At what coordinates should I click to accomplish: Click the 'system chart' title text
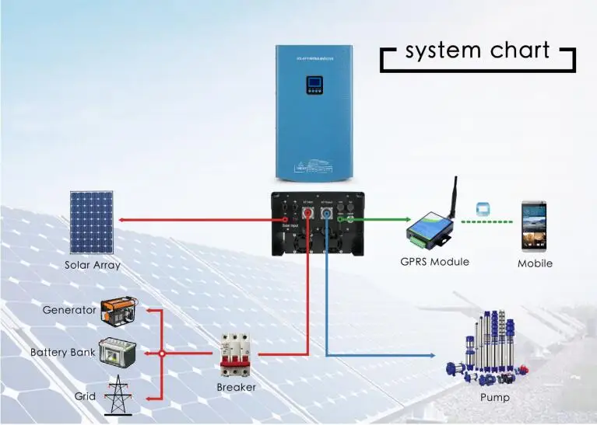pyautogui.click(x=477, y=52)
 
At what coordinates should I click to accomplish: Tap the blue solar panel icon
pyautogui.click(x=92, y=222)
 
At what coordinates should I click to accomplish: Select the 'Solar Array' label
pyautogui.click(x=92, y=265)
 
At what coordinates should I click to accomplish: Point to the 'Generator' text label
pyautogui.click(x=68, y=310)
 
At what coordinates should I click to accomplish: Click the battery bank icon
pyautogui.click(x=118, y=354)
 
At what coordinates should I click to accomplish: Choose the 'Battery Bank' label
pyautogui.click(x=62, y=353)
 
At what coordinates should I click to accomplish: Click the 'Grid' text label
pyautogui.click(x=85, y=396)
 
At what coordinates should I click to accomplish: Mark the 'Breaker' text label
pyautogui.click(x=236, y=387)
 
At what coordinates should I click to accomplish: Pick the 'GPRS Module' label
pyautogui.click(x=434, y=262)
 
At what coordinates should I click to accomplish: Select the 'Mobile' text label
pyautogui.click(x=535, y=263)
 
